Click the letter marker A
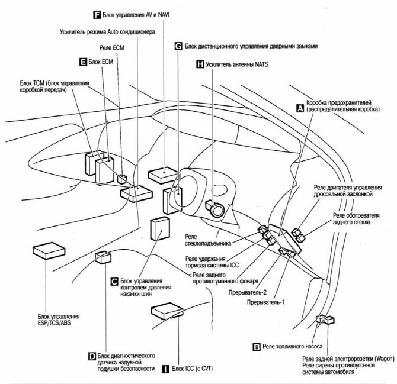300,109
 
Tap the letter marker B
256,347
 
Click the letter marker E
82,62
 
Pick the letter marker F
97,14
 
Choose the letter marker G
178,45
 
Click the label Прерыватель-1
267,302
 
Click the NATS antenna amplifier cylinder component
213,208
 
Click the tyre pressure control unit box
161,228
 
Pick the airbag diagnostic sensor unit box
103,256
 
